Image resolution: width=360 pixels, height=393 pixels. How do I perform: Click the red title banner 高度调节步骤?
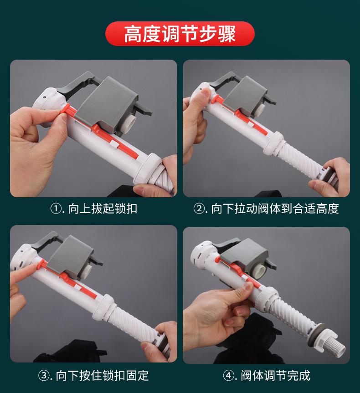pos(180,34)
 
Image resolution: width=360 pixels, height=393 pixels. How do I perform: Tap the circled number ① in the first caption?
pos(56,209)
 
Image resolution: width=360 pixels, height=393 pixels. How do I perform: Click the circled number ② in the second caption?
pos(199,209)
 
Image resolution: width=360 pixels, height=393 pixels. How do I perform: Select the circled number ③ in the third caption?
pos(43,375)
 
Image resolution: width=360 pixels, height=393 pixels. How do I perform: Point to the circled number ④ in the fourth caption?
pos(228,375)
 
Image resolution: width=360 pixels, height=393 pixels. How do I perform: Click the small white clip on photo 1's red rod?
pos(114,144)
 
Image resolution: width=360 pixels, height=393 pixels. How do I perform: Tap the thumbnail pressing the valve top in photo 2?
pos(205,93)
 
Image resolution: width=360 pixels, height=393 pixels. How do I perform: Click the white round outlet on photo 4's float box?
pos(258,272)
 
